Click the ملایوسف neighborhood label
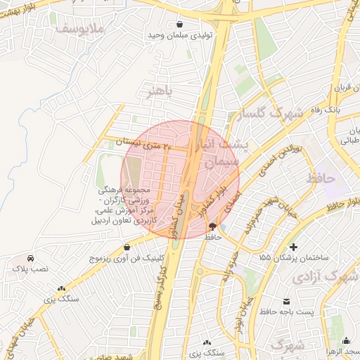(79, 29)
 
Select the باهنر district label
(155, 91)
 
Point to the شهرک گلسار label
(269, 112)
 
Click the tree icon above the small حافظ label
(213, 226)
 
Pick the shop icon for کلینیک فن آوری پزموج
(127, 247)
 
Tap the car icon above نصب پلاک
(31, 257)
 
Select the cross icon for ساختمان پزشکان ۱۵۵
(293, 247)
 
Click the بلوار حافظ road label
(334, 205)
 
